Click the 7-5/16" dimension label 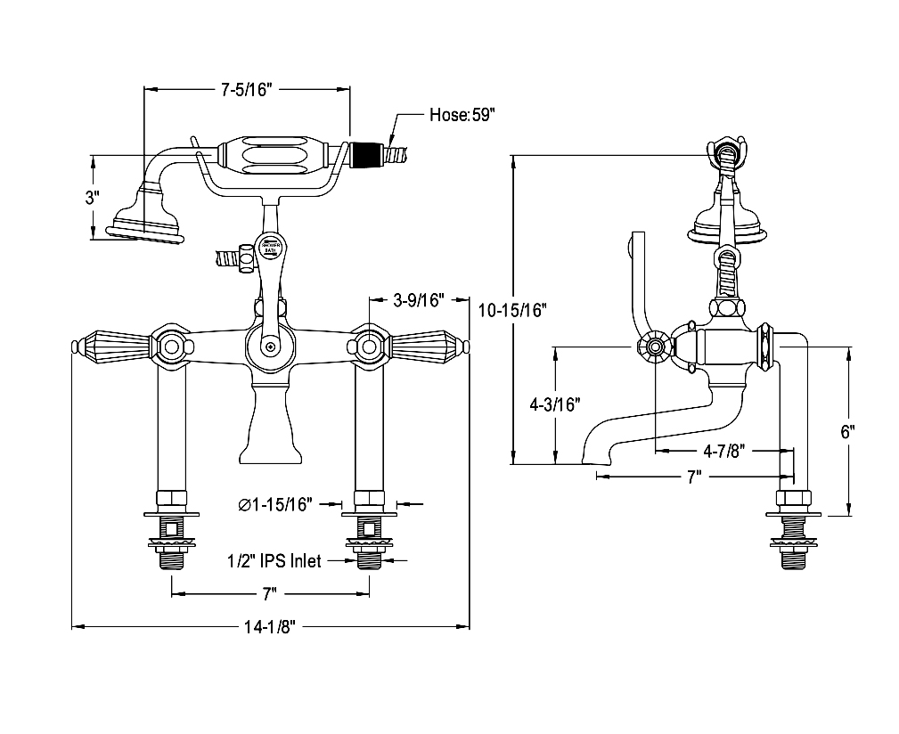(245, 89)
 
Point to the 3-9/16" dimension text (419, 300)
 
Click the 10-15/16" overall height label (511, 310)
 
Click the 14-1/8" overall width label (270, 627)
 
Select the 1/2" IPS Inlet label (273, 561)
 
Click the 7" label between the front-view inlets (270, 593)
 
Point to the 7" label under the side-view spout (693, 477)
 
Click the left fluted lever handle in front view (113, 345)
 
